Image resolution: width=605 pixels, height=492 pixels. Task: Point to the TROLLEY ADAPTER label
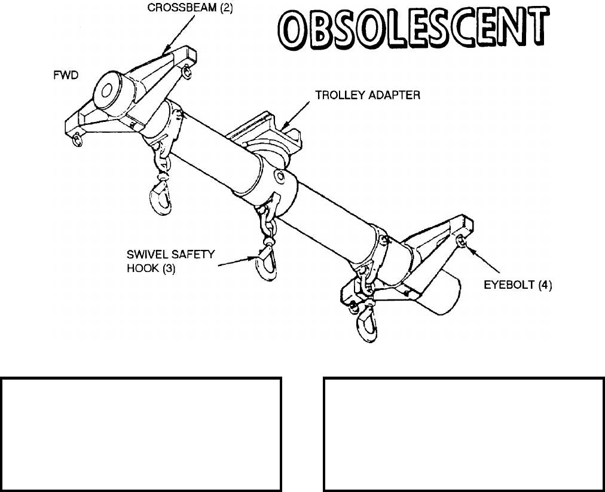pyautogui.click(x=368, y=96)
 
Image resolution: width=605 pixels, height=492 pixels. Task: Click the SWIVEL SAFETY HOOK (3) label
pyautogui.click(x=170, y=262)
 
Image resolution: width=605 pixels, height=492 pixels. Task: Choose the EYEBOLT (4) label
pyautogui.click(x=518, y=286)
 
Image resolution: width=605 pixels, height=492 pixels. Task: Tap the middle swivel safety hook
pyautogui.click(x=266, y=262)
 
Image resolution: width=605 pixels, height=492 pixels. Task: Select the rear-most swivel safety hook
pyautogui.click(x=366, y=323)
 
